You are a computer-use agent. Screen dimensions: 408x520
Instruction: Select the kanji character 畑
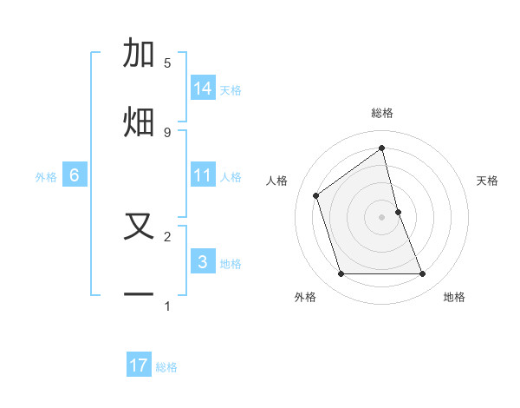[139, 121]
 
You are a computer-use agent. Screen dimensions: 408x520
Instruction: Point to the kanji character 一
[139, 295]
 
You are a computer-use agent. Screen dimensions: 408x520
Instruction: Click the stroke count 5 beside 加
[167, 63]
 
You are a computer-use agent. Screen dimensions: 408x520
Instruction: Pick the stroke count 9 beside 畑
[167, 132]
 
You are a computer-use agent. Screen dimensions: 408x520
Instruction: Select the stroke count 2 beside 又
[167, 236]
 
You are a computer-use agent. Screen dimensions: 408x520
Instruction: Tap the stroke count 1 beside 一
[167, 306]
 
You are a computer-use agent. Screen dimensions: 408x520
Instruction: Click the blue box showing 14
[203, 88]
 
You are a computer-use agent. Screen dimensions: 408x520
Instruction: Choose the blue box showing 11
[203, 175]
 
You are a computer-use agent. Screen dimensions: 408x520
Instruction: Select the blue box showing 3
[203, 261]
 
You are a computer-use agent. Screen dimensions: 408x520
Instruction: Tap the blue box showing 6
[75, 175]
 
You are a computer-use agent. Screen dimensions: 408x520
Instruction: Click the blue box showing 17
[139, 365]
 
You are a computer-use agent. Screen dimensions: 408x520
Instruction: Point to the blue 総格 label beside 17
[166, 367]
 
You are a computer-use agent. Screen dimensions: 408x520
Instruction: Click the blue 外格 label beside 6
[46, 177]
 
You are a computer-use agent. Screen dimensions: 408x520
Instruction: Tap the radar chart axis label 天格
[488, 181]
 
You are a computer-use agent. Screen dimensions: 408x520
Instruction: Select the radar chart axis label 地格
[454, 297]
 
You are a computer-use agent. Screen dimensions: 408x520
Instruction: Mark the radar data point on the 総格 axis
[382, 148]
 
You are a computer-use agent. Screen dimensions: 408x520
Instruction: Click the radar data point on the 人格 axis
[316, 195]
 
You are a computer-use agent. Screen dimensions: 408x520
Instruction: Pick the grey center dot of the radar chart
[382, 216]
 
